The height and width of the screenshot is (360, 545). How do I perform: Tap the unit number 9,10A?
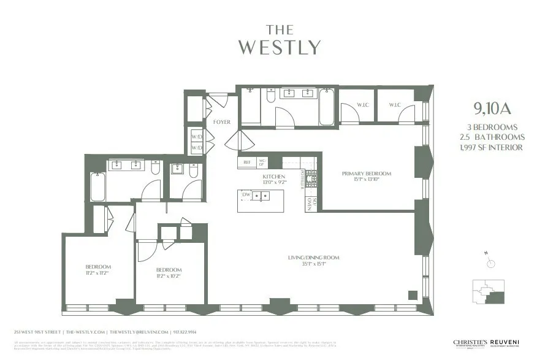click(x=492, y=109)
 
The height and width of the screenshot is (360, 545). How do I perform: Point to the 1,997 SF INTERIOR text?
click(x=492, y=147)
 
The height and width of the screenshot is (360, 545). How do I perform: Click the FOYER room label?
click(x=221, y=122)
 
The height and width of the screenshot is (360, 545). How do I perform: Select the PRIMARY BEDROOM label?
click(x=366, y=174)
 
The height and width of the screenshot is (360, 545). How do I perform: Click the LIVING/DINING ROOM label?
click(x=314, y=258)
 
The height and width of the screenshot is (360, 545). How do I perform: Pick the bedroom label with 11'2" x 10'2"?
click(x=169, y=270)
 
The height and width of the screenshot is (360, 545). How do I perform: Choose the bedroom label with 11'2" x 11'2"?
click(x=98, y=267)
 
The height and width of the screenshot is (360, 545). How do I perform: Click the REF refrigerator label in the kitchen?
click(x=247, y=163)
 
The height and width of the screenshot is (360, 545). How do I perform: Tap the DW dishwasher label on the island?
click(x=246, y=195)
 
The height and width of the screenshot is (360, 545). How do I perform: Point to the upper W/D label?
click(x=196, y=136)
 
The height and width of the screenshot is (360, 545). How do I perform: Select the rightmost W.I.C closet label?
click(x=394, y=105)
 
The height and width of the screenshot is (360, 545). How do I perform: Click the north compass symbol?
click(x=490, y=262)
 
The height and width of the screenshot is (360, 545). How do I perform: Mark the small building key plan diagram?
click(x=488, y=293)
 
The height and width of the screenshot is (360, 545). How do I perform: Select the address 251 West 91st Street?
click(x=37, y=332)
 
